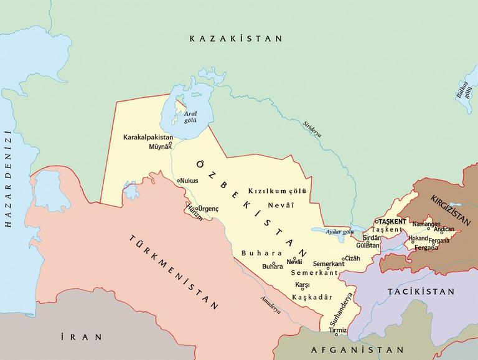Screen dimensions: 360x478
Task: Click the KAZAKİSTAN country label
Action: coord(236,39)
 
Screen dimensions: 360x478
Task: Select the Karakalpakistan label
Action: coord(148,137)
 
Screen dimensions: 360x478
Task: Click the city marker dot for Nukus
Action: coord(179,181)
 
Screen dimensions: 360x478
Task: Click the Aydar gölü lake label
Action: coord(339,231)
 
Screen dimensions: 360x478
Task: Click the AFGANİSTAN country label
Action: coord(357,349)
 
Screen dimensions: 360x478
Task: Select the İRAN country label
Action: coord(82,337)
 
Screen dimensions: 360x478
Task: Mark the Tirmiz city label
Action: coord(337,330)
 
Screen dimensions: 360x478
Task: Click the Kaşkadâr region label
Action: coord(312,297)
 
